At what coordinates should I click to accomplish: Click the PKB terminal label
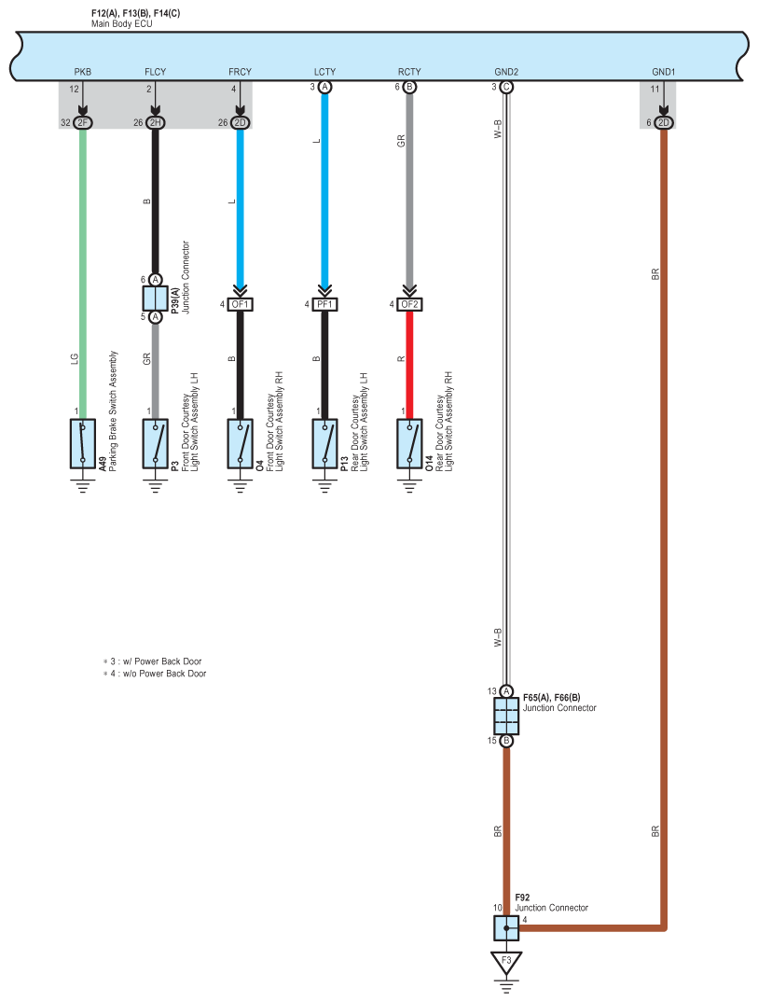83,72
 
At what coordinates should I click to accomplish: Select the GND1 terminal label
663,72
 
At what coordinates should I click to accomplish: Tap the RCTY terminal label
408,72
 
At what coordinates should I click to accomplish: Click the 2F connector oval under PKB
83,122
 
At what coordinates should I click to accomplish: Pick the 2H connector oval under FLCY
156,122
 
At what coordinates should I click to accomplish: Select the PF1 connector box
324,304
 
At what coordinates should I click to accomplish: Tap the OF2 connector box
408,304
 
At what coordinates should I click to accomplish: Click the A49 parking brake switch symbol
83,443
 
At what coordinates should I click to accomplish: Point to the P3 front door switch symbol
156,443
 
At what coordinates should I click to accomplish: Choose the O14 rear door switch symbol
408,443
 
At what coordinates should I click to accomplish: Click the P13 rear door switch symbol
324,443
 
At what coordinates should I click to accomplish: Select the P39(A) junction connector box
156,298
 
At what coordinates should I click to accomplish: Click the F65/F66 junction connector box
506,717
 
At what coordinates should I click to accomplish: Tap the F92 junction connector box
506,927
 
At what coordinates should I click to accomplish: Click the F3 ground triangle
506,961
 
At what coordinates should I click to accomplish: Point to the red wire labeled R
408,359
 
